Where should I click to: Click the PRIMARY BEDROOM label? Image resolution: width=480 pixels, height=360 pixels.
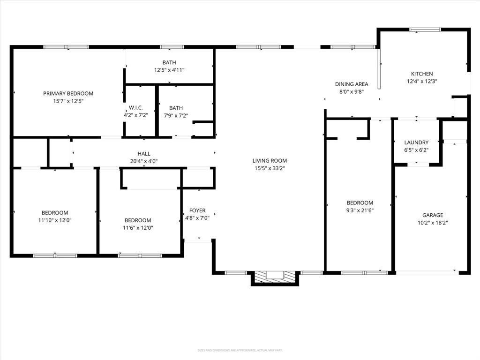68,93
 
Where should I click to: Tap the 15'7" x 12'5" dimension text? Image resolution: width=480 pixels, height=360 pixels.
68,101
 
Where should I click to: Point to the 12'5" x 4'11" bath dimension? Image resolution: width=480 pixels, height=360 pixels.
169,70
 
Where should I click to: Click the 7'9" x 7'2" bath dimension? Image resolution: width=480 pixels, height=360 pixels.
176,115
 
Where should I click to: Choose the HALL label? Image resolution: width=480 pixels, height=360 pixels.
144,154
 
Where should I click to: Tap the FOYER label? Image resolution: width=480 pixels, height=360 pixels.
197,210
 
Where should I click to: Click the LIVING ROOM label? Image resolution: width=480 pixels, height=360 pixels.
270,161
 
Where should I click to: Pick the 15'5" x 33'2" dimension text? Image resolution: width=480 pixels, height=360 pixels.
270,168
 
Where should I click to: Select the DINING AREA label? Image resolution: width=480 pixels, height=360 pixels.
352,84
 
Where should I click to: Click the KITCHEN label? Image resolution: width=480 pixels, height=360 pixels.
422,74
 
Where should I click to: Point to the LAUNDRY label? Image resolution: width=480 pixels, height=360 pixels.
416,142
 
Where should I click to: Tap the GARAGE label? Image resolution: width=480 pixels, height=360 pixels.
433,215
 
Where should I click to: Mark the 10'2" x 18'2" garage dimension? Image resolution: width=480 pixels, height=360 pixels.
433,223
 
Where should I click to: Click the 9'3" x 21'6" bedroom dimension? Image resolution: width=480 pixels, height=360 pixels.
360,210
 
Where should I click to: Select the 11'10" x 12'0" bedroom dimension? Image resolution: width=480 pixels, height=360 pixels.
55,220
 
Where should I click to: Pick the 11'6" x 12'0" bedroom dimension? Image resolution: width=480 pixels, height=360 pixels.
138,228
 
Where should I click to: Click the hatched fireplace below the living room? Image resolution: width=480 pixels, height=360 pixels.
275,277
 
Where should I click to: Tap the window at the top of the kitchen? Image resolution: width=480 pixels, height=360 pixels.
425,30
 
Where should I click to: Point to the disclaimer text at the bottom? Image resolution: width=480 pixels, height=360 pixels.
240,350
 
